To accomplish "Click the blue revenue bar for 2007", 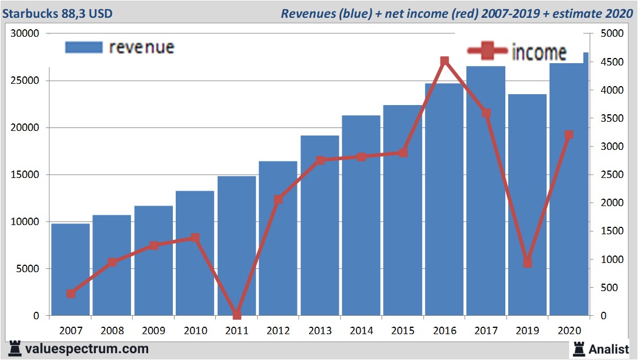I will point(71,269).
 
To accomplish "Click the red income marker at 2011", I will point(237,315).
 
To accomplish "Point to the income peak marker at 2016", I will point(444,61).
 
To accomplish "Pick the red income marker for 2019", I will point(527,262).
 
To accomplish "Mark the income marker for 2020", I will point(569,135).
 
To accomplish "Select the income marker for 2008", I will point(113,262).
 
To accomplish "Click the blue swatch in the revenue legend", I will point(84,47).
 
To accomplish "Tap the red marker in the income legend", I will point(488,51).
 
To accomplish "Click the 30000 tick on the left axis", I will point(25,34).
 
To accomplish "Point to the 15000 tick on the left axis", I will point(25,175).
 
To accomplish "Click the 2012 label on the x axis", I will point(278,331).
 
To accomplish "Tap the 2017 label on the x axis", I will point(486,331).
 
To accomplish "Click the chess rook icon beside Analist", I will point(578,348).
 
